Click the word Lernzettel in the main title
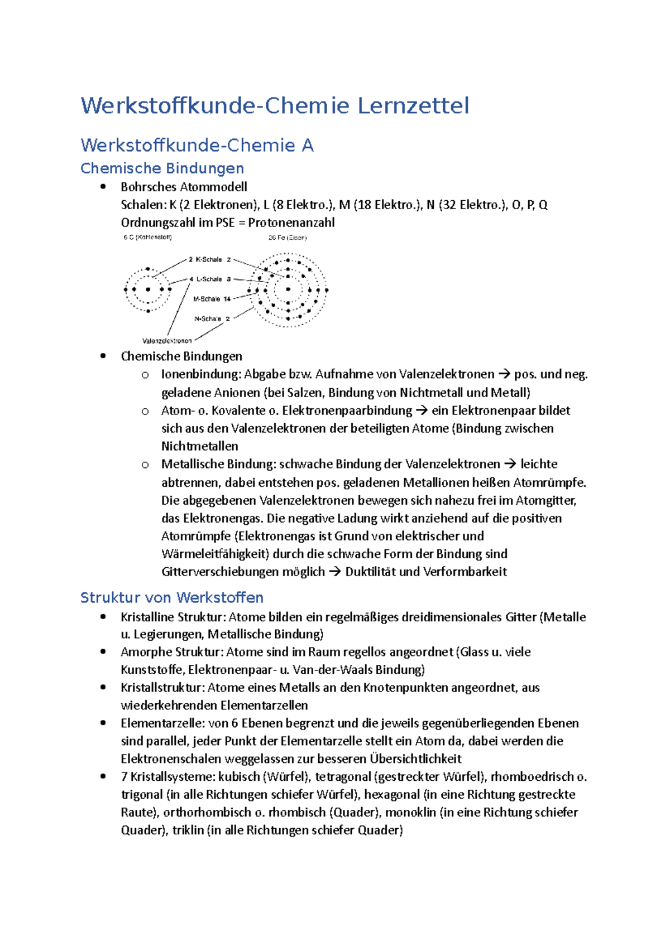pos(413,106)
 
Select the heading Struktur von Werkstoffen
pos(171,598)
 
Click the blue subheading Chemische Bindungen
pos(162,168)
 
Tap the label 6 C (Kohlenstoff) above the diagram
pos(147,237)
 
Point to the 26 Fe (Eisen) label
pos(288,238)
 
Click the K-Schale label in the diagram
pos(208,259)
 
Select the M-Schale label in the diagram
pos(207,299)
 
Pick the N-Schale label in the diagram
pos(207,319)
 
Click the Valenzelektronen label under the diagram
pos(167,341)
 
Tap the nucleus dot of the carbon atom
pos(148,289)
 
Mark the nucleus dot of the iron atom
pos(288,289)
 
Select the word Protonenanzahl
pos(291,223)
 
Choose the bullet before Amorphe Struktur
pos(103,651)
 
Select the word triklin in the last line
pos(188,830)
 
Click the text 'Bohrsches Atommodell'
pos(184,187)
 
